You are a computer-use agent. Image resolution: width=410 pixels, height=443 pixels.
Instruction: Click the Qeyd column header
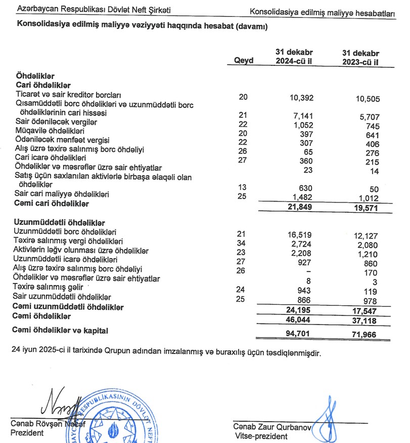click(244, 61)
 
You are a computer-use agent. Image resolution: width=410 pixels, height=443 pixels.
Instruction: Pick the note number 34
click(242, 243)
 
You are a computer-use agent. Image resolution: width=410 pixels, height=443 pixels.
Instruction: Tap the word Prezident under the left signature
click(27, 433)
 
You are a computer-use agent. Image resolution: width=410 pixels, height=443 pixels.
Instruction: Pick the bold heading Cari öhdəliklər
click(43, 85)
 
